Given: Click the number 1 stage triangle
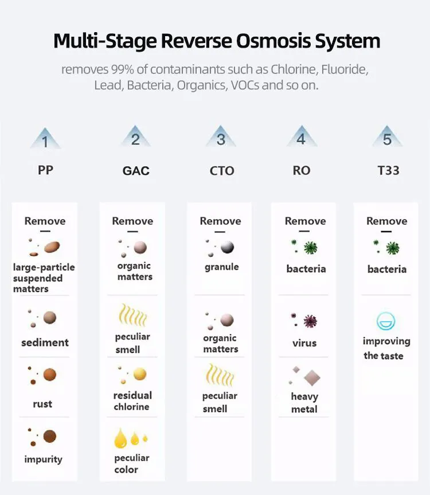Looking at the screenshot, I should click(45, 139).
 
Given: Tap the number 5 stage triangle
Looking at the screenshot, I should click(388, 138).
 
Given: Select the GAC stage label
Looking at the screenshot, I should click(136, 171).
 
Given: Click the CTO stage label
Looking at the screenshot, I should click(221, 171).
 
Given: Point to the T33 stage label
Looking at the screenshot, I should click(388, 170).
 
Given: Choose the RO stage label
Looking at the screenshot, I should click(301, 170).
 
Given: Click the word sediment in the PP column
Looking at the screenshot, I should click(45, 342).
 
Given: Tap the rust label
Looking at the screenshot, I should click(42, 404).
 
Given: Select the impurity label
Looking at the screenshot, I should click(43, 459).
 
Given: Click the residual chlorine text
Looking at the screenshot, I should click(132, 401).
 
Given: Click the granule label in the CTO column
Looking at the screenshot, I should click(221, 267).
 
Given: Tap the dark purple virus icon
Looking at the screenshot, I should click(309, 321).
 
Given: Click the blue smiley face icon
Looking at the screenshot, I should click(386, 321).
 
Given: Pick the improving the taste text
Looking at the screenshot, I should click(386, 348).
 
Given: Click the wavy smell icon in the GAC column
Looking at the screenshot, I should click(132, 315).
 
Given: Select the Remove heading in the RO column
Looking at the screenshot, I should click(305, 221).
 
